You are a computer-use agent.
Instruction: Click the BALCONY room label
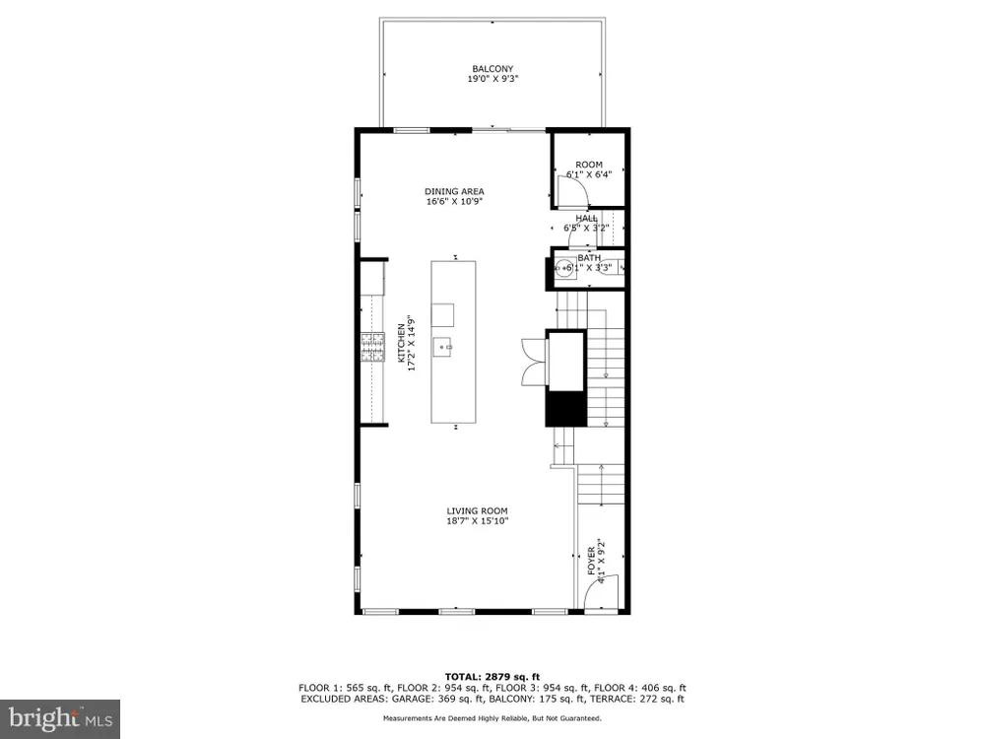492,69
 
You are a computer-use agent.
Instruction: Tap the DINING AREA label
454,192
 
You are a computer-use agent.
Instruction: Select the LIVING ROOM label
477,510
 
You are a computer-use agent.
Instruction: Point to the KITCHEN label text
402,343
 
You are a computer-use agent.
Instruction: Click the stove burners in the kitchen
372,348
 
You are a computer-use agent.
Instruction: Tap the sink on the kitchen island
442,347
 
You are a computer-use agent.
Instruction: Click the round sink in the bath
564,268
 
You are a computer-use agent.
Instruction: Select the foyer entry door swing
601,590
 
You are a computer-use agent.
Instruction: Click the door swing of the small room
572,191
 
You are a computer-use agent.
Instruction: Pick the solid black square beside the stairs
565,409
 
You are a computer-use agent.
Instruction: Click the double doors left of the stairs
533,362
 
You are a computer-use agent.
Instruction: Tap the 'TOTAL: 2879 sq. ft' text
492,677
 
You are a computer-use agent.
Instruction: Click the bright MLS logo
60,719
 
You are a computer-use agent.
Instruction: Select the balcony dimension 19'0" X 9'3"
492,79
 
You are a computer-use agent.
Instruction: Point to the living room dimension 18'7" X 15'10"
478,521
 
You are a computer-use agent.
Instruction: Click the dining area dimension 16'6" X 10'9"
454,202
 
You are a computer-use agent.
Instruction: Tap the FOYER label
591,561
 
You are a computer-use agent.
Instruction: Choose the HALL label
587,218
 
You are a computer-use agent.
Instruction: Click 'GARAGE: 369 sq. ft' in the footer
432,699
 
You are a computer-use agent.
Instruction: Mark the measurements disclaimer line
492,718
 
